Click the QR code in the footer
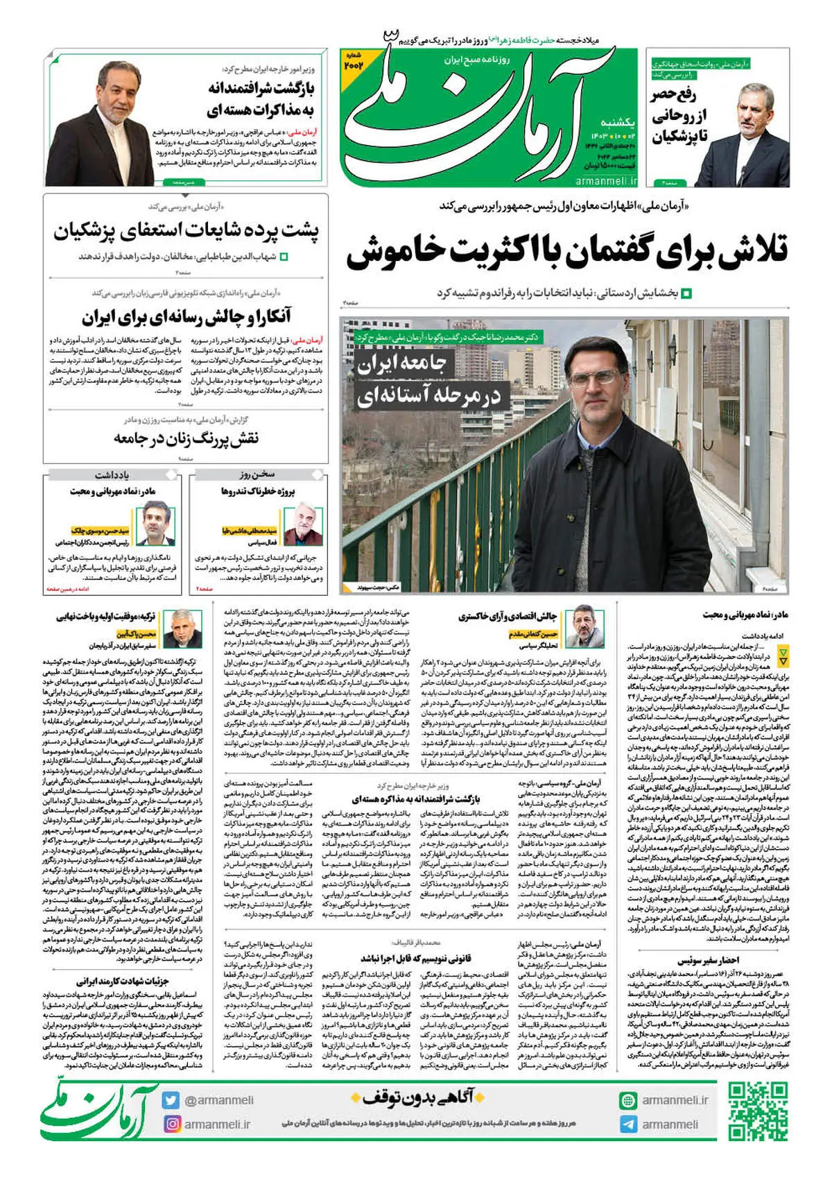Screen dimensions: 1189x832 tap(758, 1112)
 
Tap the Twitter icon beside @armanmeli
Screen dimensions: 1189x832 tap(171, 1100)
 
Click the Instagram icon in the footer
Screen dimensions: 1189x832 tap(171, 1124)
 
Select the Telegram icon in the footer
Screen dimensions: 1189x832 tap(628, 1124)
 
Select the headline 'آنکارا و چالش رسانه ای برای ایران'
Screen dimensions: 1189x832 tap(186, 317)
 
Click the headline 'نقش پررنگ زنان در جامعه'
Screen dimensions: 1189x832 tap(186, 438)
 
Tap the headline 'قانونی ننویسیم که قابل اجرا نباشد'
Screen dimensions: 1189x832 tap(415, 958)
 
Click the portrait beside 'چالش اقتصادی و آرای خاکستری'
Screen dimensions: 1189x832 tap(584, 627)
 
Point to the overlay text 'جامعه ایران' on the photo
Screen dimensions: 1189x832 tap(402, 363)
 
